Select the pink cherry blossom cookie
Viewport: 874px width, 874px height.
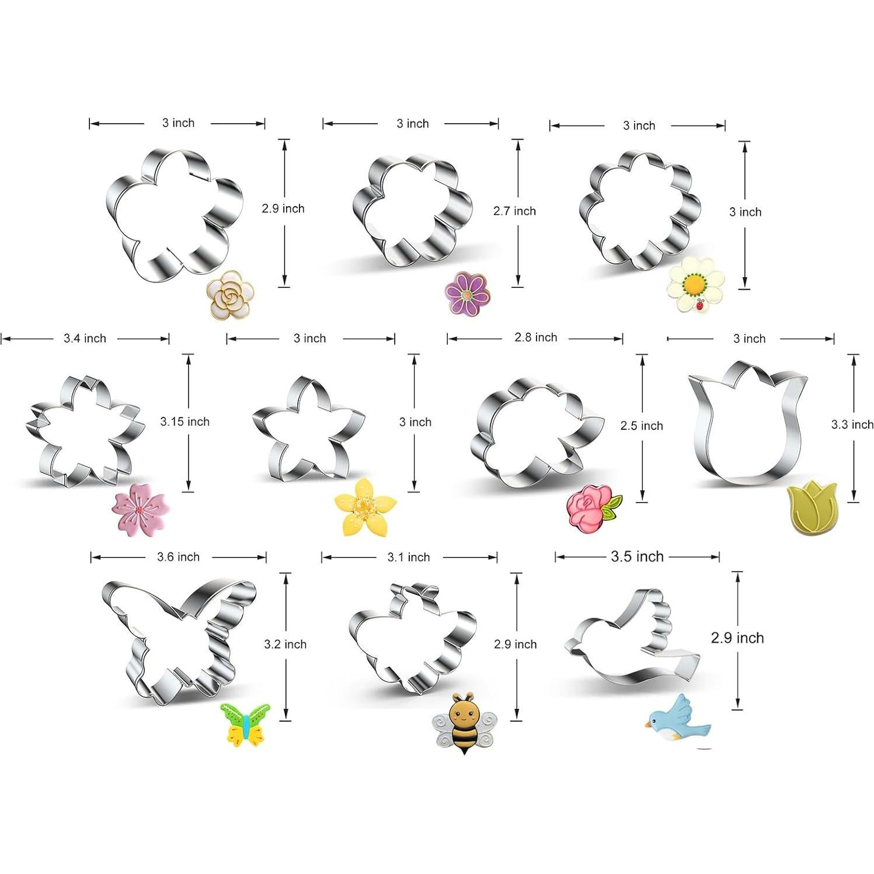pos(139,509)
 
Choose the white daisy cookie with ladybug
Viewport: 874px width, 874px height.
pos(696,284)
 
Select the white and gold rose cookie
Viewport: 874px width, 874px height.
pos(231,295)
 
